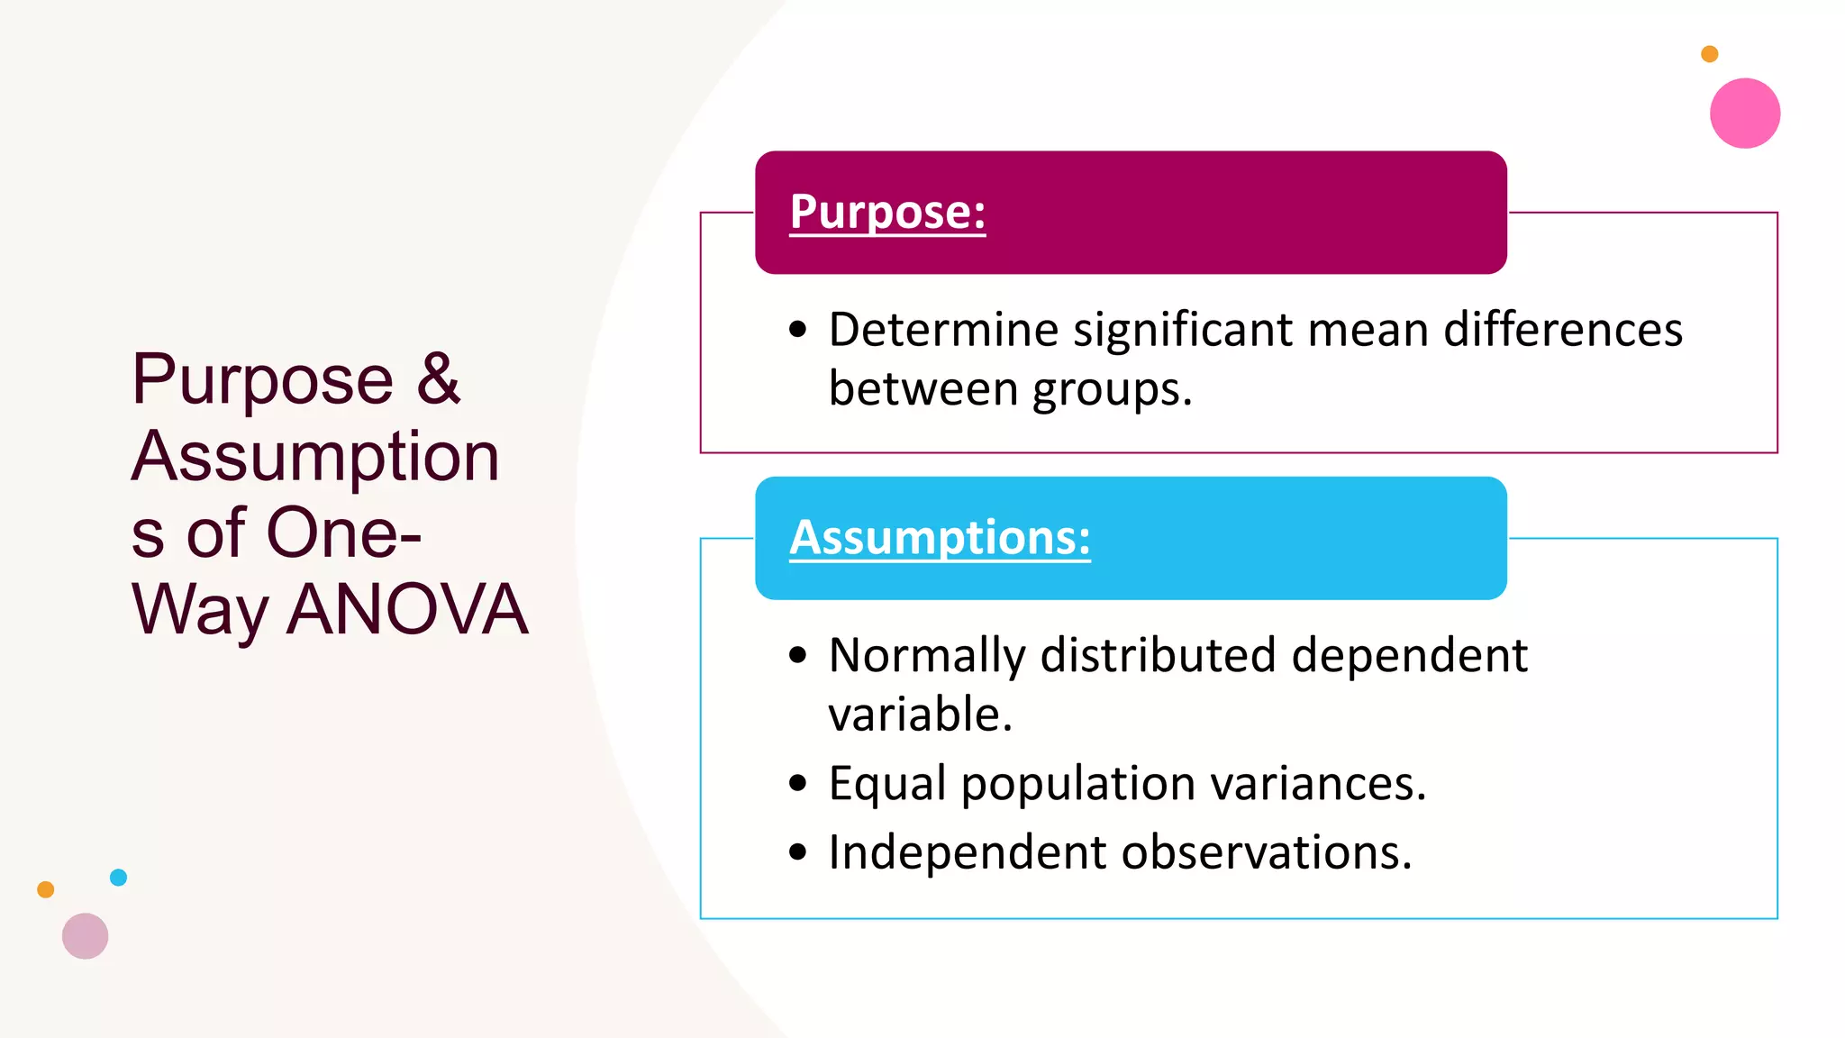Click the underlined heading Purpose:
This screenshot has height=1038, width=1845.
[x=887, y=212]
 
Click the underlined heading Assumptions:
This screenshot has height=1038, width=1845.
[x=940, y=538]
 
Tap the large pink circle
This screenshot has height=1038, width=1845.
[x=1744, y=114]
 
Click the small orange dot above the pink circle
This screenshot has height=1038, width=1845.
[x=1709, y=54]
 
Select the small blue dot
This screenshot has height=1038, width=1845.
[x=118, y=878]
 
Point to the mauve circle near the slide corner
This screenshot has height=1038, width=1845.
[x=86, y=936]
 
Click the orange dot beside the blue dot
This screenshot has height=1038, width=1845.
[x=46, y=890]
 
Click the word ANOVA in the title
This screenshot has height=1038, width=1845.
[x=407, y=610]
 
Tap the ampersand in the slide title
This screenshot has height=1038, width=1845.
[x=438, y=378]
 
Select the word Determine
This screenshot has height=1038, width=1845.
[x=943, y=330]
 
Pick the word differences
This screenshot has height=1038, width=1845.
[x=1563, y=330]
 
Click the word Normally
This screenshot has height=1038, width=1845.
[x=927, y=656]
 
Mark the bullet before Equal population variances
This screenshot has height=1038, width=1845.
[x=797, y=783]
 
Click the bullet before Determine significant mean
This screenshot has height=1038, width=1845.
[x=797, y=330]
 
